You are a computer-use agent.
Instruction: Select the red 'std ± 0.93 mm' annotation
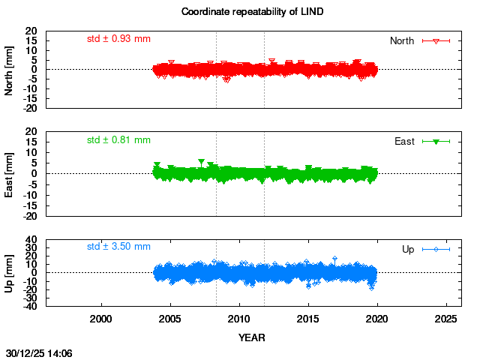pos(118,38)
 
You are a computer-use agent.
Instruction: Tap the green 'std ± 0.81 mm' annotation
pos(118,139)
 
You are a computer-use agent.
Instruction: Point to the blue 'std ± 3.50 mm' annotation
pos(118,246)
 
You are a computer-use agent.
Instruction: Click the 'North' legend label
pos(402,40)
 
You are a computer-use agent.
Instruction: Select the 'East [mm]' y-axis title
pos(10,173)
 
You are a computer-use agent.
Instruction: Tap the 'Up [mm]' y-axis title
pos(10,272)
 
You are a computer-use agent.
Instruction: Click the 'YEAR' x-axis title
pos(251,337)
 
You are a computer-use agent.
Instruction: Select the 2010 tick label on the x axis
pos(239,319)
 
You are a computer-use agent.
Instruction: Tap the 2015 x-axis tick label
pos(308,319)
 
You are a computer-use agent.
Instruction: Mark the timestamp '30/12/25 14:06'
pos(39,352)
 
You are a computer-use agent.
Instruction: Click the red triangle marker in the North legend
pos(436,40)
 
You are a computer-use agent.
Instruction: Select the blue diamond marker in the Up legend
pos(436,249)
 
